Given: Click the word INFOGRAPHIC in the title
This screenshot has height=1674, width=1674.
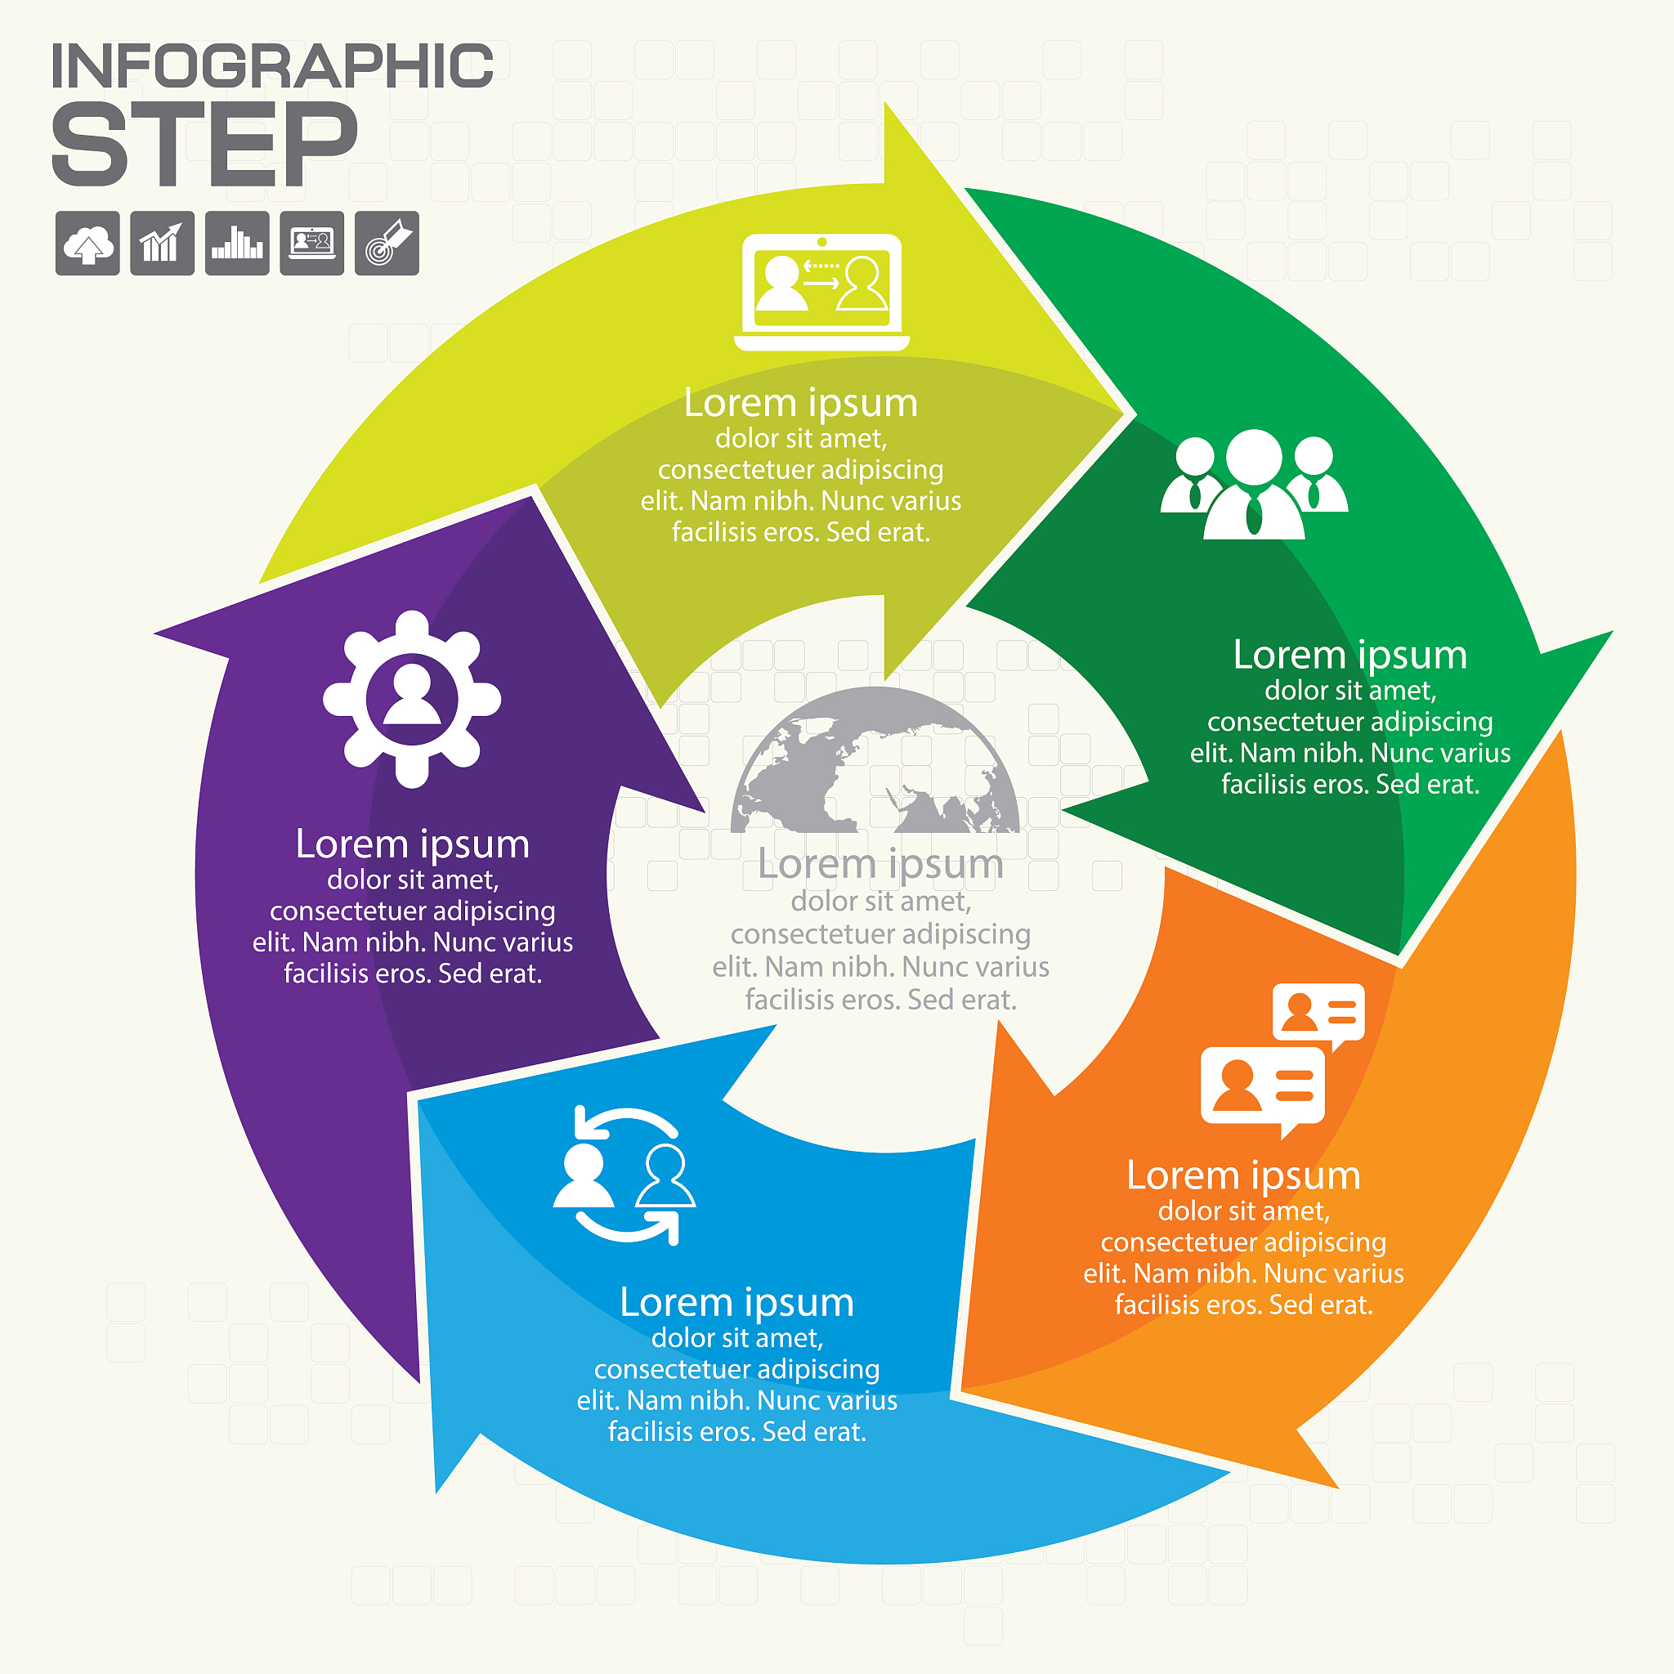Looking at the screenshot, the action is pyautogui.click(x=272, y=66).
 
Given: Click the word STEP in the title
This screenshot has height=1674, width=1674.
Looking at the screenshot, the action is pyautogui.click(x=204, y=143).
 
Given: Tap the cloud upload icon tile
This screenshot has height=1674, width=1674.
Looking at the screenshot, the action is pyautogui.click(x=87, y=244).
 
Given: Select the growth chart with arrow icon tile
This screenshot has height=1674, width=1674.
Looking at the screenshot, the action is pyautogui.click(x=162, y=244).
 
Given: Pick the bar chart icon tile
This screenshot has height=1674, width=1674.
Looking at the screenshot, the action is pyautogui.click(x=237, y=244).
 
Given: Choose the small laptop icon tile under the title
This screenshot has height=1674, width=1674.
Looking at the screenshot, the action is pyautogui.click(x=312, y=244).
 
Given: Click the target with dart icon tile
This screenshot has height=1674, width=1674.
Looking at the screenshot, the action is pyautogui.click(x=387, y=244).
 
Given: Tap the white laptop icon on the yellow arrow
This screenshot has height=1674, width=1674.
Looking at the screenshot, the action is pyautogui.click(x=821, y=293).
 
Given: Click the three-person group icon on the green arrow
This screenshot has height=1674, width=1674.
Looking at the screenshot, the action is pyautogui.click(x=1254, y=485).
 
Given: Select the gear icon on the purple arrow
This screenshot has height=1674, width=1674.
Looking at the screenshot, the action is pyautogui.click(x=412, y=699).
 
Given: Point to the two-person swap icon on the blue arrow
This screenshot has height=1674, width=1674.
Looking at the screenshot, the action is pyautogui.click(x=624, y=1175).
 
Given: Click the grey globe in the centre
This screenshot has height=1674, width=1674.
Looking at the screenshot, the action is pyautogui.click(x=875, y=760).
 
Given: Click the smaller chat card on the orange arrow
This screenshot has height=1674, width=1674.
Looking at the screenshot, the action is pyautogui.click(x=1318, y=1015).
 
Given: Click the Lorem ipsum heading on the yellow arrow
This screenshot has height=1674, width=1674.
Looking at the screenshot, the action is pyautogui.click(x=800, y=403).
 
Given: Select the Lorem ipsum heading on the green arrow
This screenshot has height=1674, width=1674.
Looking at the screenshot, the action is pyautogui.click(x=1350, y=655).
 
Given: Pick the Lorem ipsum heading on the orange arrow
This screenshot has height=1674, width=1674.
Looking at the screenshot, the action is pyautogui.click(x=1243, y=1175).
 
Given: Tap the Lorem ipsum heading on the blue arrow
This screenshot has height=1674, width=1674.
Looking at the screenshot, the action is pyautogui.click(x=736, y=1303).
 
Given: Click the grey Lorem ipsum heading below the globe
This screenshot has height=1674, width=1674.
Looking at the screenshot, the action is pyautogui.click(x=880, y=865).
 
